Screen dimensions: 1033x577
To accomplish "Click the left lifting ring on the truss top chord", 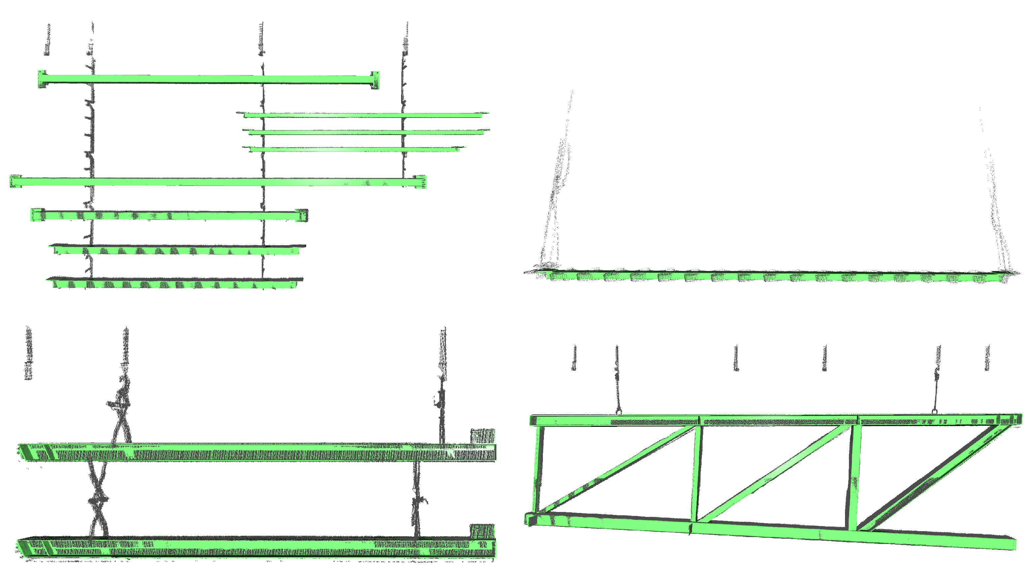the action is point(618,411).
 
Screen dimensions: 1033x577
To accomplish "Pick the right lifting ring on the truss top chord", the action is point(934,411).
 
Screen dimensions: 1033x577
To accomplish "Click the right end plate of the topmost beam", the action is point(375,80).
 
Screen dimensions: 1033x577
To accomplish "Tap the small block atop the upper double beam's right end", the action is point(483,436).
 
